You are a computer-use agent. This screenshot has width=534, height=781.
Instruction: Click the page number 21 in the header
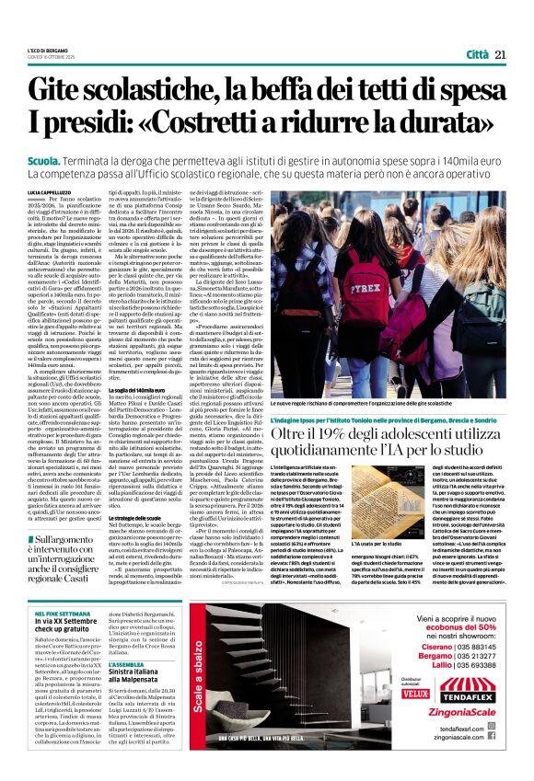pyautogui.click(x=500, y=54)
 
